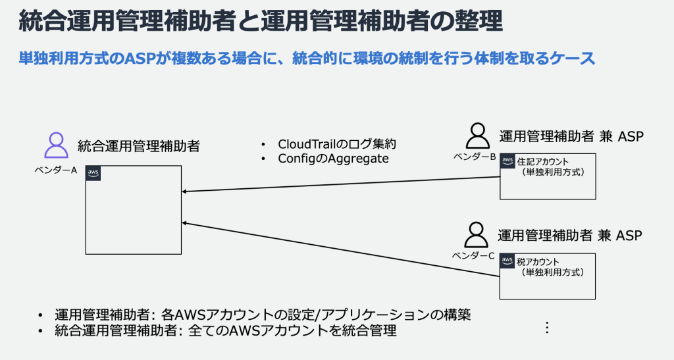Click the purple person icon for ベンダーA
pyautogui.click(x=56, y=145)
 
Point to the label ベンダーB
pyautogui.click(x=474, y=157)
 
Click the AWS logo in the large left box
pyautogui.click(x=93, y=173)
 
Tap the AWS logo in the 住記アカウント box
pyautogui.click(x=507, y=161)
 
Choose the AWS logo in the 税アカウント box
pyautogui.click(x=507, y=261)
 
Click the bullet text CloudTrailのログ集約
pyautogui.click(x=337, y=144)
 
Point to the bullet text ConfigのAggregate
pyautogui.click(x=333, y=159)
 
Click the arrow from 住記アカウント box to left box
pyautogui.click(x=340, y=185)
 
